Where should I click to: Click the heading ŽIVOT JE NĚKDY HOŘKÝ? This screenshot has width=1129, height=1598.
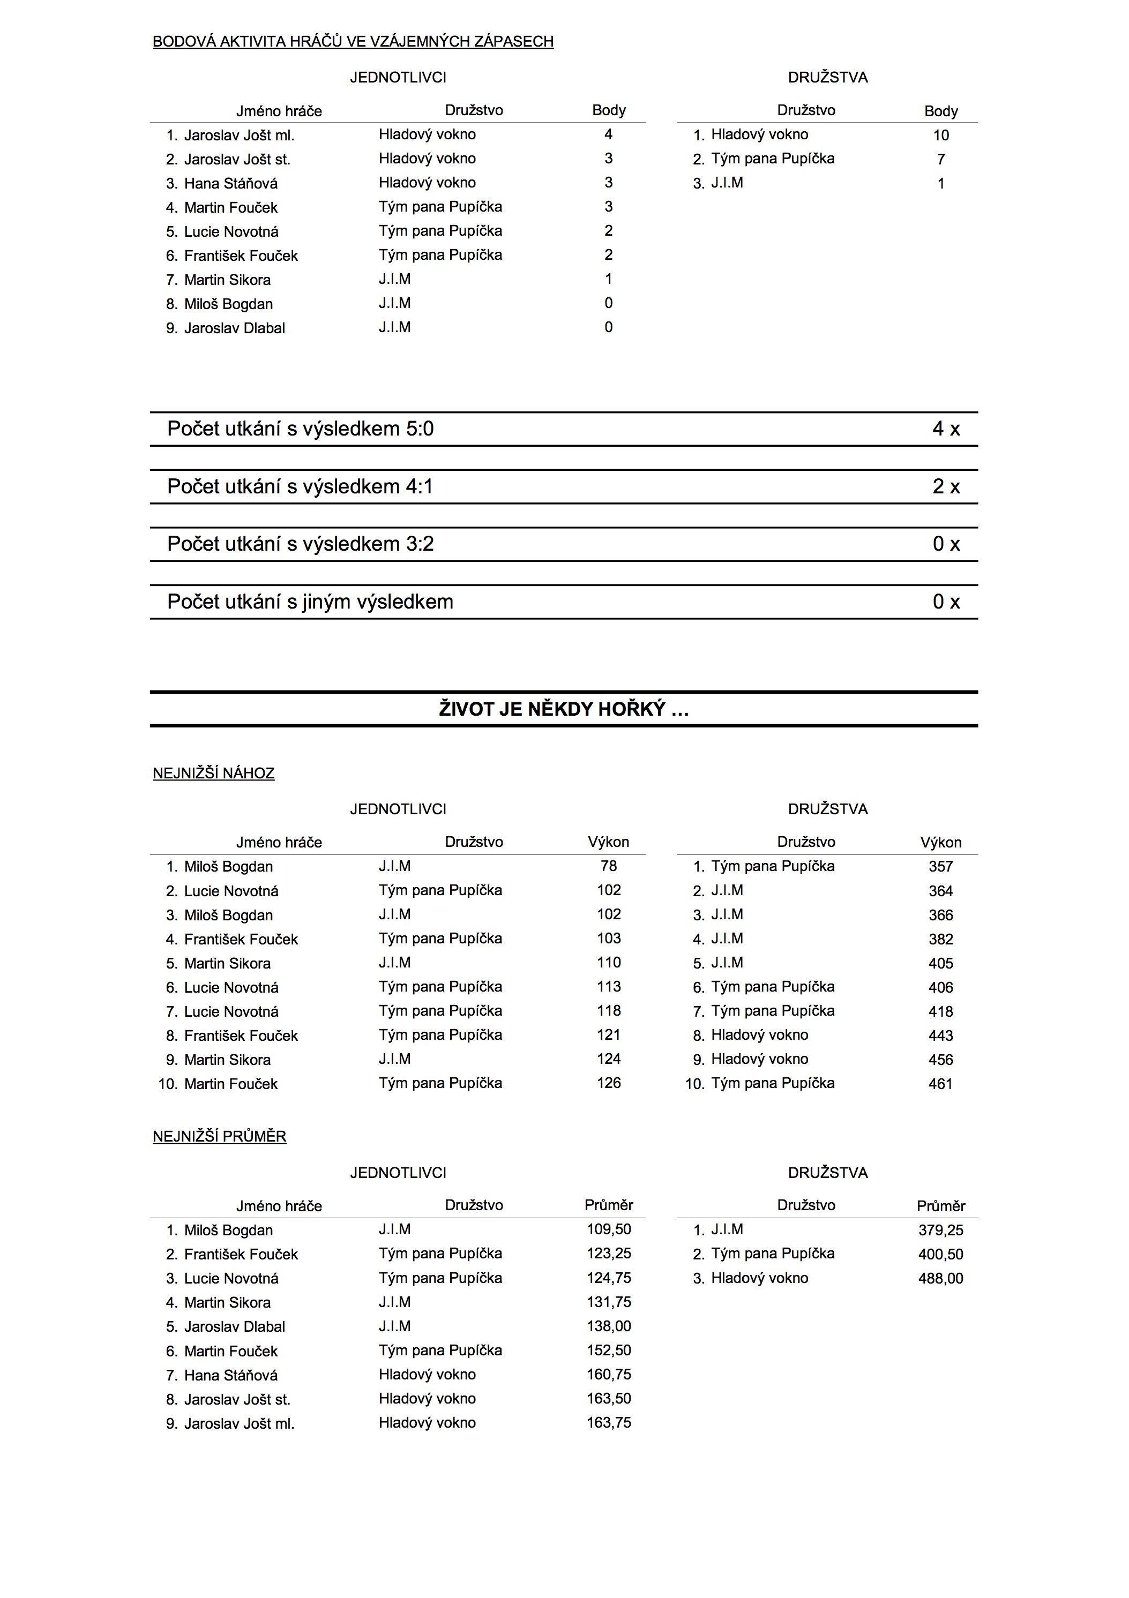564,709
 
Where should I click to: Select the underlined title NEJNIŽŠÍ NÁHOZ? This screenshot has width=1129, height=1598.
214,773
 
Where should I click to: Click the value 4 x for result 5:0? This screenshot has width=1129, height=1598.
946,429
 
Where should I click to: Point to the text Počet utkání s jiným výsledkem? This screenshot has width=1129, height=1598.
310,602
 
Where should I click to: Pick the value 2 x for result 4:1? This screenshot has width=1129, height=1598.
946,486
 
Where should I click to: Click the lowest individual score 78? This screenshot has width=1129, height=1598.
608,866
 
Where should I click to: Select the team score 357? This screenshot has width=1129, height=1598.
940,867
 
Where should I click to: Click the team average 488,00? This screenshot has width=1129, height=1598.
940,1278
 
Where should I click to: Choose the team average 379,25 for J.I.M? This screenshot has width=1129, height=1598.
940,1230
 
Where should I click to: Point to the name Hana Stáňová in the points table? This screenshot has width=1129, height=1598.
230,184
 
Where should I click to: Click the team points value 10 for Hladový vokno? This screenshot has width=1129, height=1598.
940,136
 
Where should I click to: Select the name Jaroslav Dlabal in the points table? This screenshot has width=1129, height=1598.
235,328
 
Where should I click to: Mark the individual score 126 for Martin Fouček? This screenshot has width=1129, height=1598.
608,1083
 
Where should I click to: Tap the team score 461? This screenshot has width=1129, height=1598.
940,1084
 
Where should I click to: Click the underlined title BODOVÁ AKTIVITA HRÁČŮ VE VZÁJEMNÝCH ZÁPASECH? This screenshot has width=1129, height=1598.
353,42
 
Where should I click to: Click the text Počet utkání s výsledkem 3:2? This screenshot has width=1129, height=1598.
300,544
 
